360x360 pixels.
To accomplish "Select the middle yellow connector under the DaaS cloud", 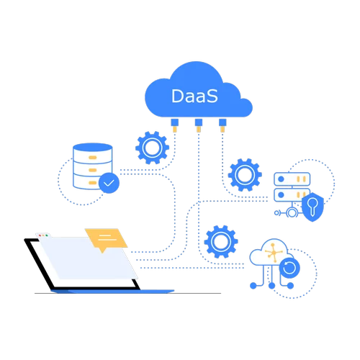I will pyautogui.click(x=198, y=128).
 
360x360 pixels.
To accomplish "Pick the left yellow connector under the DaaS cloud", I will pyautogui.click(x=174, y=127).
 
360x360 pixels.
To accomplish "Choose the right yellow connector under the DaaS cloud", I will pyautogui.click(x=222, y=127).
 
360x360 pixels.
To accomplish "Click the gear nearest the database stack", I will pyautogui.click(x=151, y=148).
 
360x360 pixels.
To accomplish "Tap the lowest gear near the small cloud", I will pyautogui.click(x=220, y=242).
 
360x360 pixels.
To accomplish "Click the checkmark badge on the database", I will pyautogui.click(x=109, y=184).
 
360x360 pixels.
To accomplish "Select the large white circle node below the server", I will pyautogui.click(x=292, y=213).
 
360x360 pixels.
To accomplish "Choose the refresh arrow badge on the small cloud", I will pyautogui.click(x=289, y=269).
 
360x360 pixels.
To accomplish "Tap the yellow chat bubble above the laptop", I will pyautogui.click(x=106, y=238).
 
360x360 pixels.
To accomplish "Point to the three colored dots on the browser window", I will pyautogui.click(x=44, y=235).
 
